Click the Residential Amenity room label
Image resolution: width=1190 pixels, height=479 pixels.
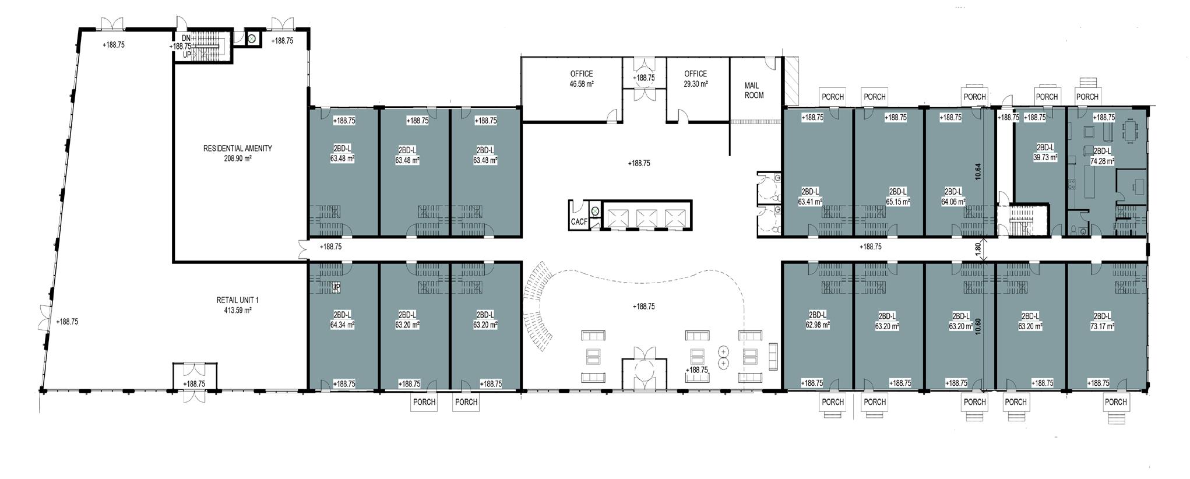tap(237, 149)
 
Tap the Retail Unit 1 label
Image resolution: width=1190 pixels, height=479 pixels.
tap(237, 300)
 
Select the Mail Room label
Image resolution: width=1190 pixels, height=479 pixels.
tap(754, 90)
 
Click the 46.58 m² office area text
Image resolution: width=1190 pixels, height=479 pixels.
tap(581, 84)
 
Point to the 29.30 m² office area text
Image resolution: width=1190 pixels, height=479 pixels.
tap(695, 84)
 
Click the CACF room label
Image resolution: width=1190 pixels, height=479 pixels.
tap(579, 222)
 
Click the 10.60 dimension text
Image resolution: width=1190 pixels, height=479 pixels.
tap(978, 325)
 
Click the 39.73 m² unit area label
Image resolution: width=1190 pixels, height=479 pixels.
tap(1045, 157)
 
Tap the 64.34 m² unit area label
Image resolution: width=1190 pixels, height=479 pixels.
tap(342, 325)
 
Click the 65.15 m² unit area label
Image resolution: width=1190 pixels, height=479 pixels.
tap(897, 202)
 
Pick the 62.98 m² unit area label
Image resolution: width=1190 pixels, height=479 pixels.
tap(818, 325)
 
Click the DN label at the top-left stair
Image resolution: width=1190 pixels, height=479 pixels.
tap(186, 38)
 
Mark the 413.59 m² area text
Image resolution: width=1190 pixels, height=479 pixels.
tap(237, 311)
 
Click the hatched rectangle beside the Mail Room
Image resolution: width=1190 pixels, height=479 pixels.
tap(792, 81)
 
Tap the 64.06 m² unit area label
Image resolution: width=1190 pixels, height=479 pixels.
tap(953, 202)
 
